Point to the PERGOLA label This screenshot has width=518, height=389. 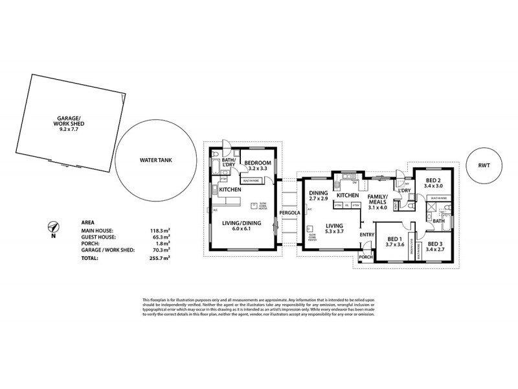coord(289,213)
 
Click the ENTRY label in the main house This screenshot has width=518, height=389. coord(367,234)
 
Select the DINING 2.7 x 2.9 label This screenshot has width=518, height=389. coord(318,196)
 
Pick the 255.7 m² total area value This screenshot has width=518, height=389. coord(158,257)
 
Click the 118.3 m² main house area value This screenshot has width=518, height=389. coord(158,230)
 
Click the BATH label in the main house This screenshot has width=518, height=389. coord(438,220)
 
